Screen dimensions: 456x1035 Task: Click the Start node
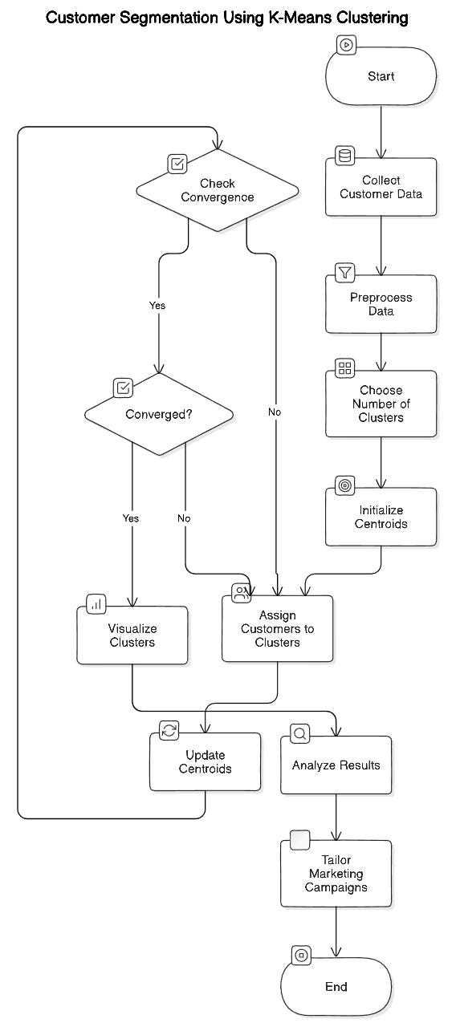pyautogui.click(x=381, y=76)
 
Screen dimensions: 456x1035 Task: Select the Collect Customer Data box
pyautogui.click(x=381, y=187)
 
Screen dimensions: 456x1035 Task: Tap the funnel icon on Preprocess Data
pyautogui.click(x=345, y=272)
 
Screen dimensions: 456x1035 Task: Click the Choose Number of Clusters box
pyautogui.click(x=381, y=404)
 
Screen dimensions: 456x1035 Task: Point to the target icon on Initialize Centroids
pyautogui.click(x=345, y=485)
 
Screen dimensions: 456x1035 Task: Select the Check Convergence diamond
pyautogui.click(x=218, y=190)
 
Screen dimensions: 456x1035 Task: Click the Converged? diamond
pyautogui.click(x=159, y=414)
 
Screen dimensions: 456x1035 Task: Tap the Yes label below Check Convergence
pyautogui.click(x=157, y=306)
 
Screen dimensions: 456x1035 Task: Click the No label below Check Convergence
pyautogui.click(x=275, y=412)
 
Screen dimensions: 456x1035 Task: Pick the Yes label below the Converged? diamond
pyautogui.click(x=130, y=518)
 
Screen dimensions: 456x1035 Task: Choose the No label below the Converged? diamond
pyautogui.click(x=184, y=518)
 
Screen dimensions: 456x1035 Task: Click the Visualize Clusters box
pyautogui.click(x=132, y=635)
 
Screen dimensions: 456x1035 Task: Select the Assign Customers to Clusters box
pyautogui.click(x=278, y=628)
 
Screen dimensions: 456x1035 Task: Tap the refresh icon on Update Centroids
pyautogui.click(x=169, y=730)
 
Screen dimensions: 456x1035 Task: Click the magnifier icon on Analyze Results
pyautogui.click(x=299, y=733)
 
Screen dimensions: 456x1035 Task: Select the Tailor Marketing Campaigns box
pyautogui.click(x=336, y=873)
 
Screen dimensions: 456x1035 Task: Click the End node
pyautogui.click(x=336, y=987)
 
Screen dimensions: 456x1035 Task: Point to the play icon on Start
pyautogui.click(x=346, y=45)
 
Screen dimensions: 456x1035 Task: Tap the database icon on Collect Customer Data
pyautogui.click(x=345, y=156)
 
